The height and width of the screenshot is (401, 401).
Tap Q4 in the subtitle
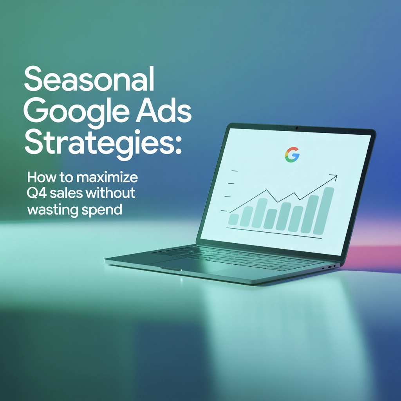[36, 193]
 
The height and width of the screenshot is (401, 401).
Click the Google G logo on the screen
[292, 154]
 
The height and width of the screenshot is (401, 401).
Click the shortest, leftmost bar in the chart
[234, 219]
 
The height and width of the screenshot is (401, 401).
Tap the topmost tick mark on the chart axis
[235, 171]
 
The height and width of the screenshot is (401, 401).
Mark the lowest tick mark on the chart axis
[224, 211]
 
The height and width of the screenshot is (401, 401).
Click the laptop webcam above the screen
[297, 128]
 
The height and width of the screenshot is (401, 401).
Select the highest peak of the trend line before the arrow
[267, 190]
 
